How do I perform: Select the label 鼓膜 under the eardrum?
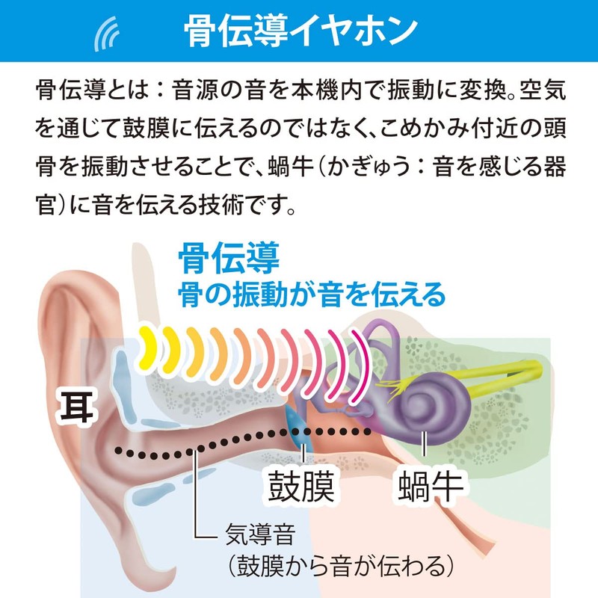[300, 486]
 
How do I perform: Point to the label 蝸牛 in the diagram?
[431, 486]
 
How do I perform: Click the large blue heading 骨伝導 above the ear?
[229, 259]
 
